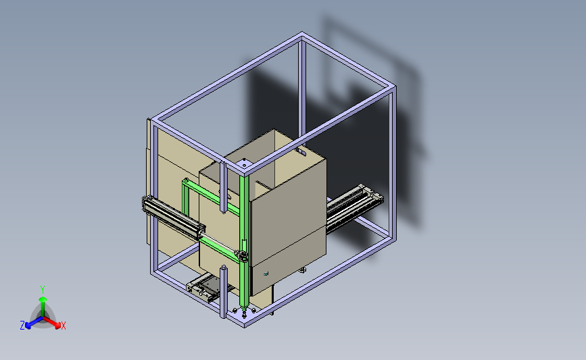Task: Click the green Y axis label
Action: pos(43,290)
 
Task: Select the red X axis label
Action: pos(63,326)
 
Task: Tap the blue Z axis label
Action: pos(22,326)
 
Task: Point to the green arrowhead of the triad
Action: pos(43,299)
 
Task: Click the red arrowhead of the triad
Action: pos(57,325)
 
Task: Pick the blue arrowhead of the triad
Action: pos(28,326)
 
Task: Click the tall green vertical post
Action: pos(244,242)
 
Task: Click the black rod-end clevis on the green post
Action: pos(242,256)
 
